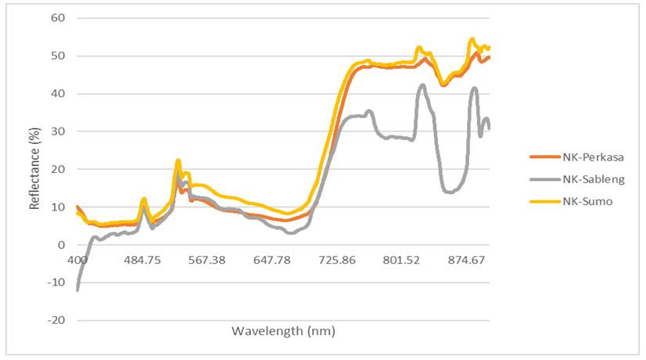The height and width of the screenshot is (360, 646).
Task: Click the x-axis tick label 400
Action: [x=77, y=260]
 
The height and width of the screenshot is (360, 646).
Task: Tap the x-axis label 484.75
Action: [x=142, y=260]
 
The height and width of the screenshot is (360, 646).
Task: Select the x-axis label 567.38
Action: [x=207, y=260]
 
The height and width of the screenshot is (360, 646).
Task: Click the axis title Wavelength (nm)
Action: [x=283, y=331]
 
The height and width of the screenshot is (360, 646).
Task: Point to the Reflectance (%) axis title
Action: [x=34, y=169]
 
